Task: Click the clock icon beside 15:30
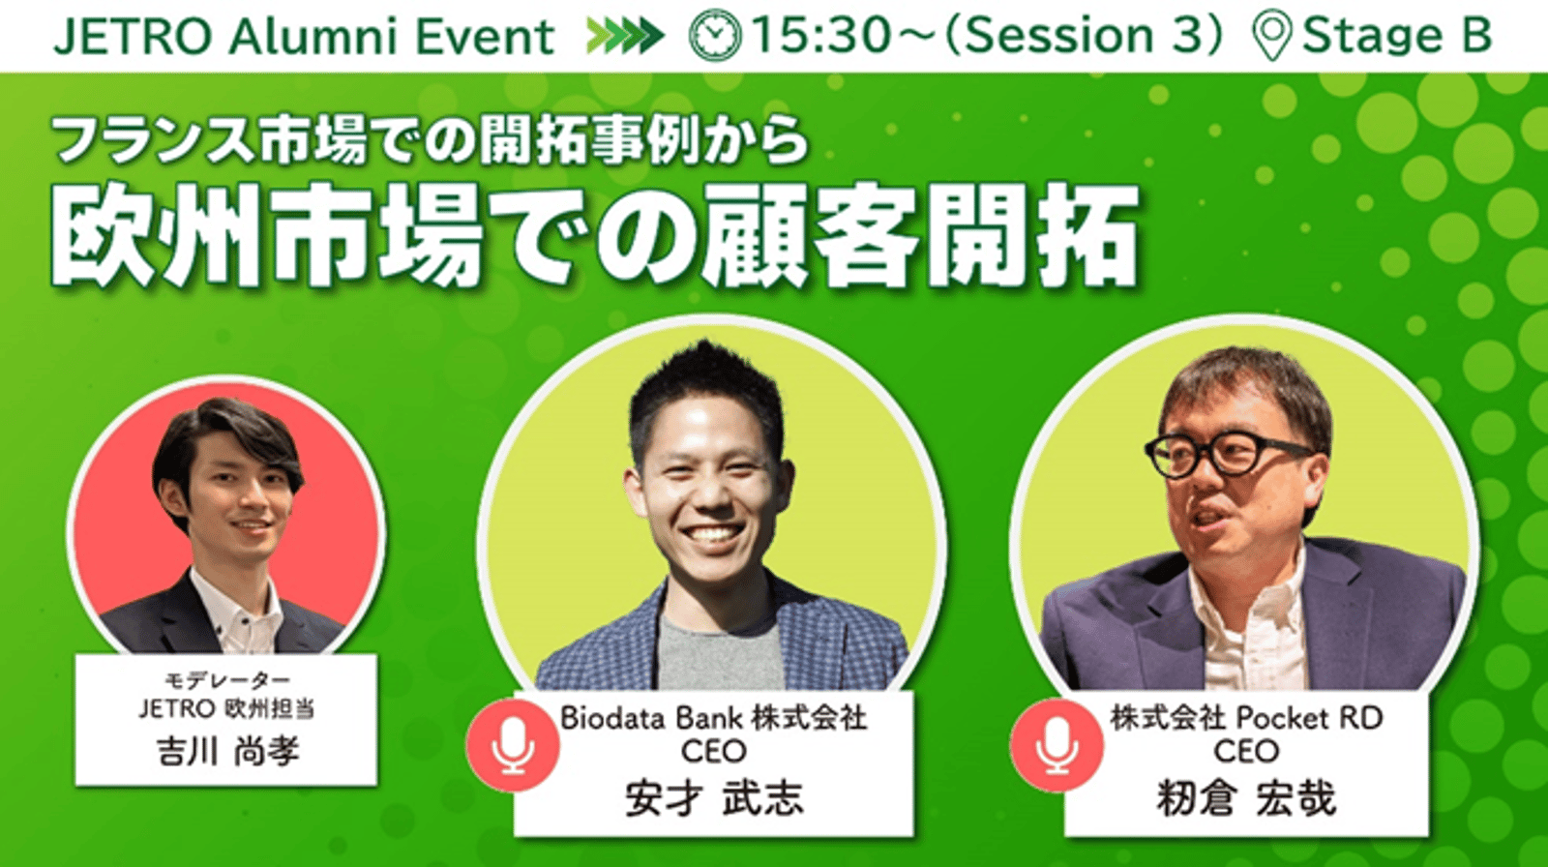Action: pyautogui.click(x=715, y=35)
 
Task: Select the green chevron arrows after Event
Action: pyautogui.click(x=625, y=36)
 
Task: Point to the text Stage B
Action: pyautogui.click(x=1397, y=35)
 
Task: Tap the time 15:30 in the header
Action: pyautogui.click(x=821, y=35)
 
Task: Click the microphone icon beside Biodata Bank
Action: pyautogui.click(x=512, y=745)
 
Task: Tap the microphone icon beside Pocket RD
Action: pyautogui.click(x=1057, y=745)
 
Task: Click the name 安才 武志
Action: pyautogui.click(x=714, y=798)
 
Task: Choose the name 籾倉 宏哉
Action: pyautogui.click(x=1246, y=798)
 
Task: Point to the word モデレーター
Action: pyautogui.click(x=227, y=681)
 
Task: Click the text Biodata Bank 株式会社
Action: pyautogui.click(x=713, y=718)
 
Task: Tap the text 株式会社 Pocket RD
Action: pyautogui.click(x=1246, y=718)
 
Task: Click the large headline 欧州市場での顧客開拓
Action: pyautogui.click(x=594, y=235)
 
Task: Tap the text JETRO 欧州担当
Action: pyautogui.click(x=227, y=709)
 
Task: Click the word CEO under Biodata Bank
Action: pyautogui.click(x=713, y=752)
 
